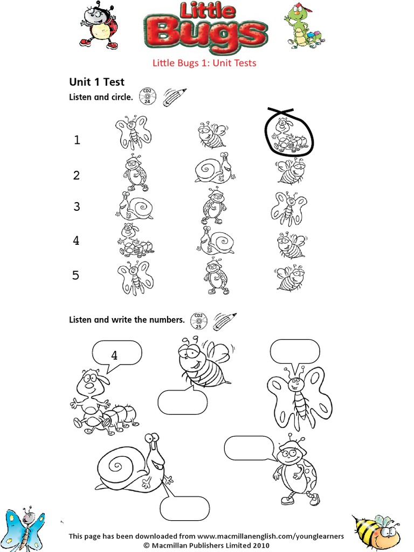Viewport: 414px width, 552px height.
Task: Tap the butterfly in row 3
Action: pos(289,208)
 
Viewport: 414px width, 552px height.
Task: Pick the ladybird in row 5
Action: pos(216,276)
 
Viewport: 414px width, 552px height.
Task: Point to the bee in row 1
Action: pos(211,135)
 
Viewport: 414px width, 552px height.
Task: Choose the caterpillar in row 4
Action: pos(134,241)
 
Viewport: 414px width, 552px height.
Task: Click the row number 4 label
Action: pos(76,241)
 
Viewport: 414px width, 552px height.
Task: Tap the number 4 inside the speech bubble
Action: pos(114,355)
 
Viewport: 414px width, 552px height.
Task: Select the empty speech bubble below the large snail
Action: pos(184,508)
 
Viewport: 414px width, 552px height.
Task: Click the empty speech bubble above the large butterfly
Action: pos(295,351)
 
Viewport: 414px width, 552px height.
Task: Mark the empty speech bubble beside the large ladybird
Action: pos(249,448)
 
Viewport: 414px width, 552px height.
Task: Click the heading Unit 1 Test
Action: pos(96,82)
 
